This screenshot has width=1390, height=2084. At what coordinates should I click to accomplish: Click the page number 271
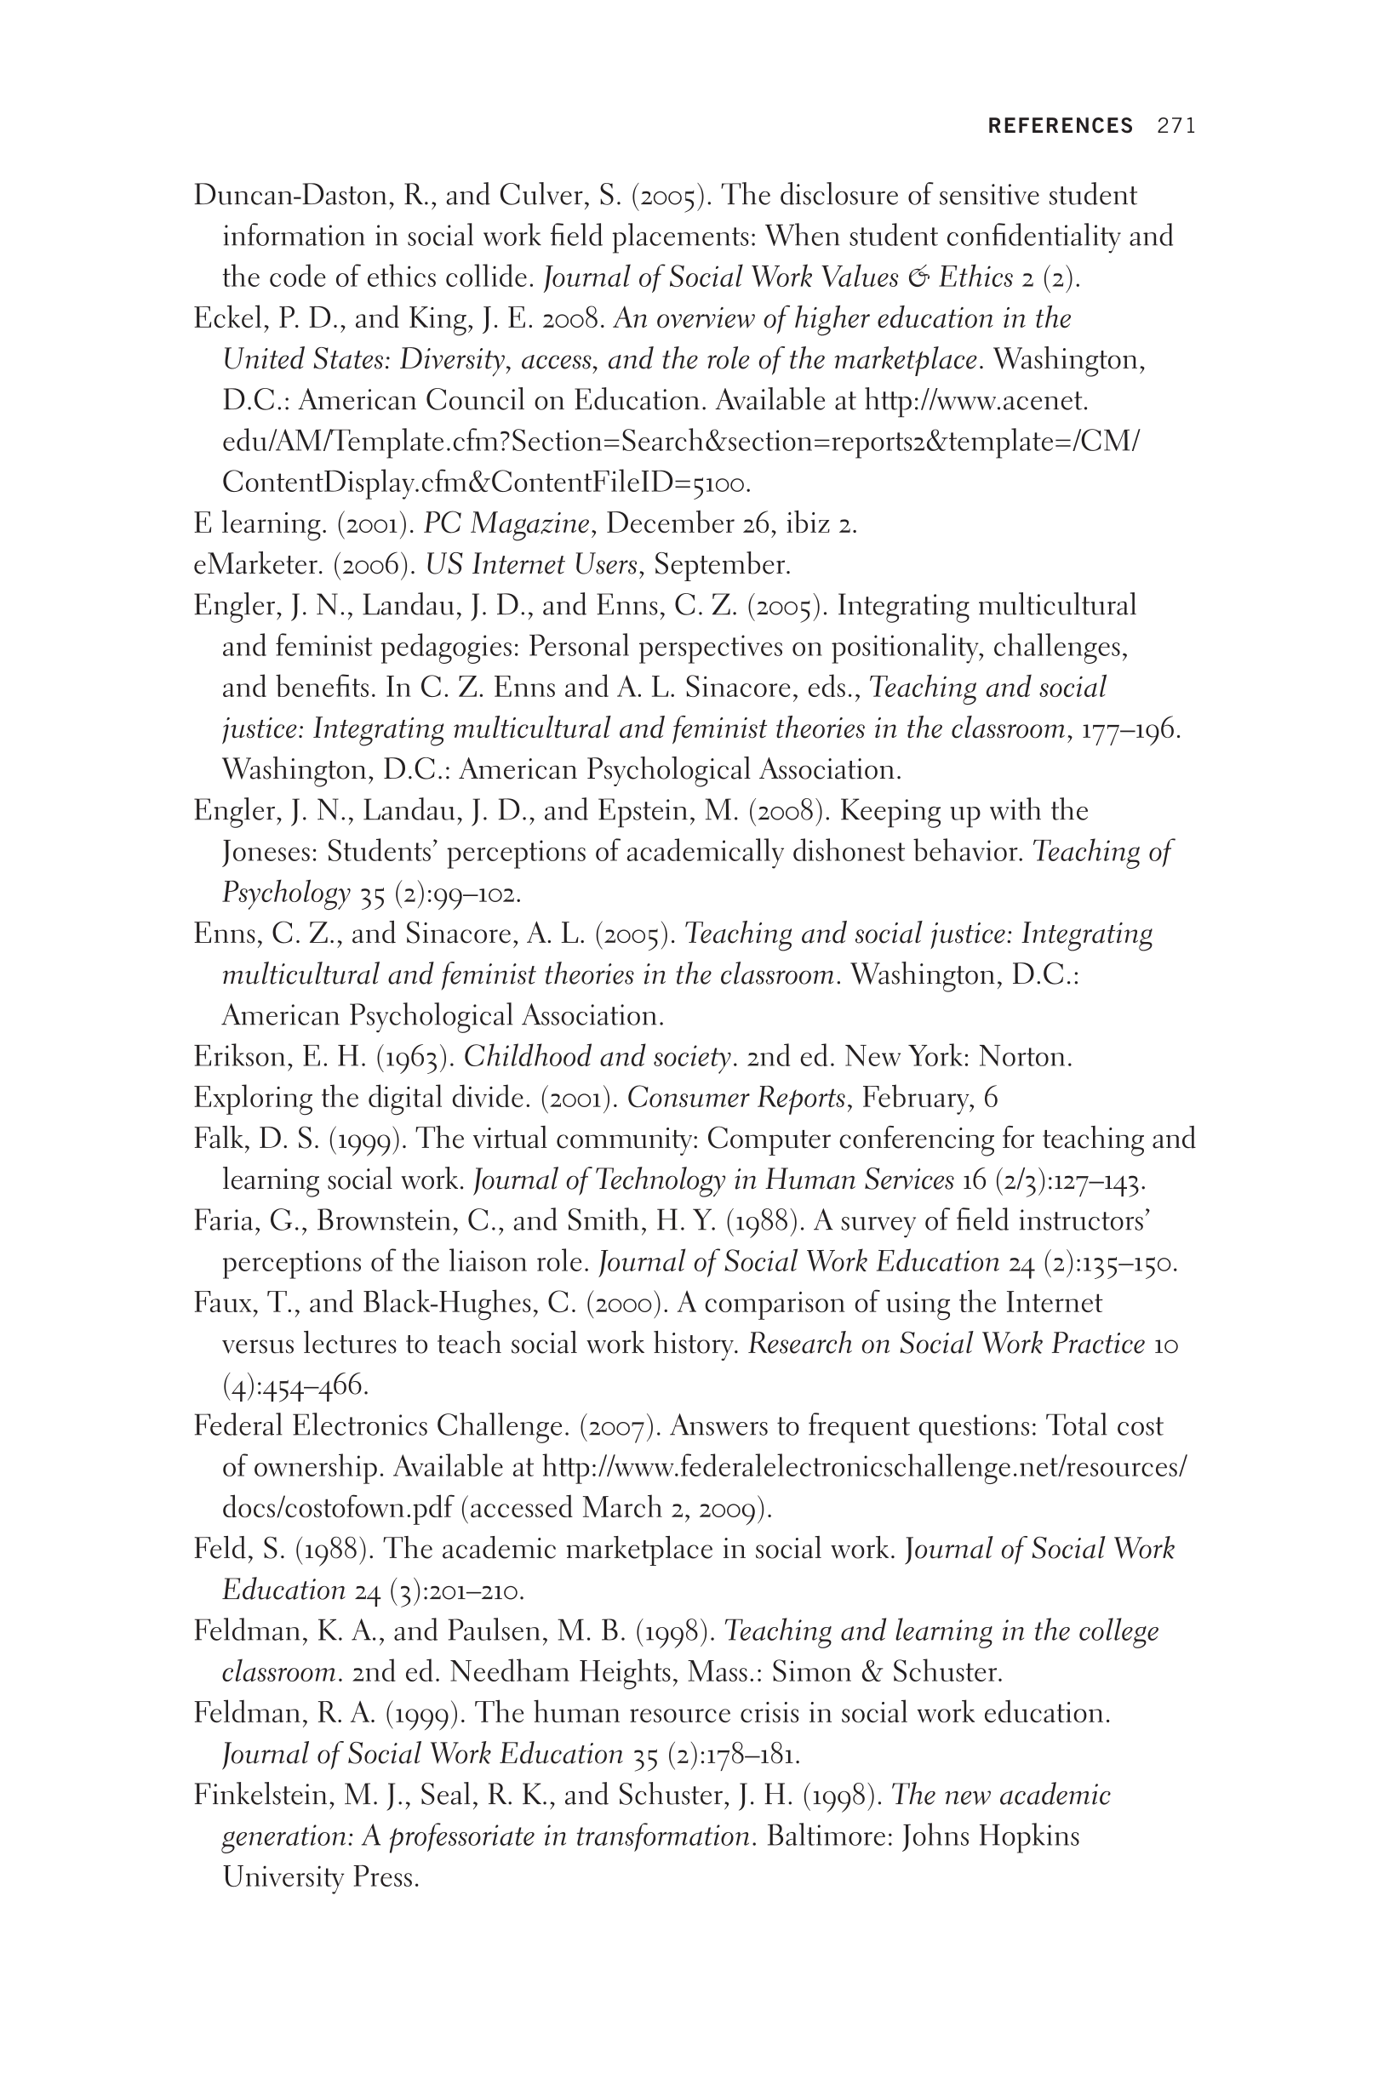point(1176,126)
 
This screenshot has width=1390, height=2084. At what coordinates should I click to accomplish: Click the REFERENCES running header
point(1061,126)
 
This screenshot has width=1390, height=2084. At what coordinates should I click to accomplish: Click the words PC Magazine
point(506,523)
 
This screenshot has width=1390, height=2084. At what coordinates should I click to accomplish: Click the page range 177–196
point(1128,729)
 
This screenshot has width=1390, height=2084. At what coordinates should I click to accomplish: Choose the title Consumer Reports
point(735,1098)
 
